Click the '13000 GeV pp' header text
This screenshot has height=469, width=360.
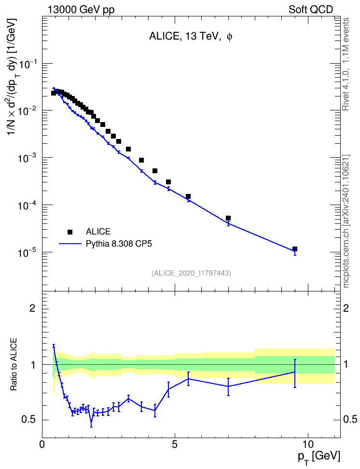click(81, 10)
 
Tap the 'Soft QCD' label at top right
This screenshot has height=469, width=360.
click(311, 10)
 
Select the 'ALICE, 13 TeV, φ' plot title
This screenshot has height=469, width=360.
click(191, 37)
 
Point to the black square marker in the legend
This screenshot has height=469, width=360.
click(70, 232)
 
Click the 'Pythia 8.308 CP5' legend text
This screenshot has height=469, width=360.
click(119, 244)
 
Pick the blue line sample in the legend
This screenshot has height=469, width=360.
click(70, 244)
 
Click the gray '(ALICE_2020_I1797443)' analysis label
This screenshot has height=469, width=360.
click(191, 273)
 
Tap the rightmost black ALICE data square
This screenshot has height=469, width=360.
click(295, 249)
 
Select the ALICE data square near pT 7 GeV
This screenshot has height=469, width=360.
click(228, 218)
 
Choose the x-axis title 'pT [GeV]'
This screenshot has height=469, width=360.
click(319, 457)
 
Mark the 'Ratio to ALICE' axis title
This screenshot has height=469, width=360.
click(14, 364)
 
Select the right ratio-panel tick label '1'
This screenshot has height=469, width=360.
click(346, 364)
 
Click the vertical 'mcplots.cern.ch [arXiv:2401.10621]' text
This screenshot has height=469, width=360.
click(346, 221)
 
